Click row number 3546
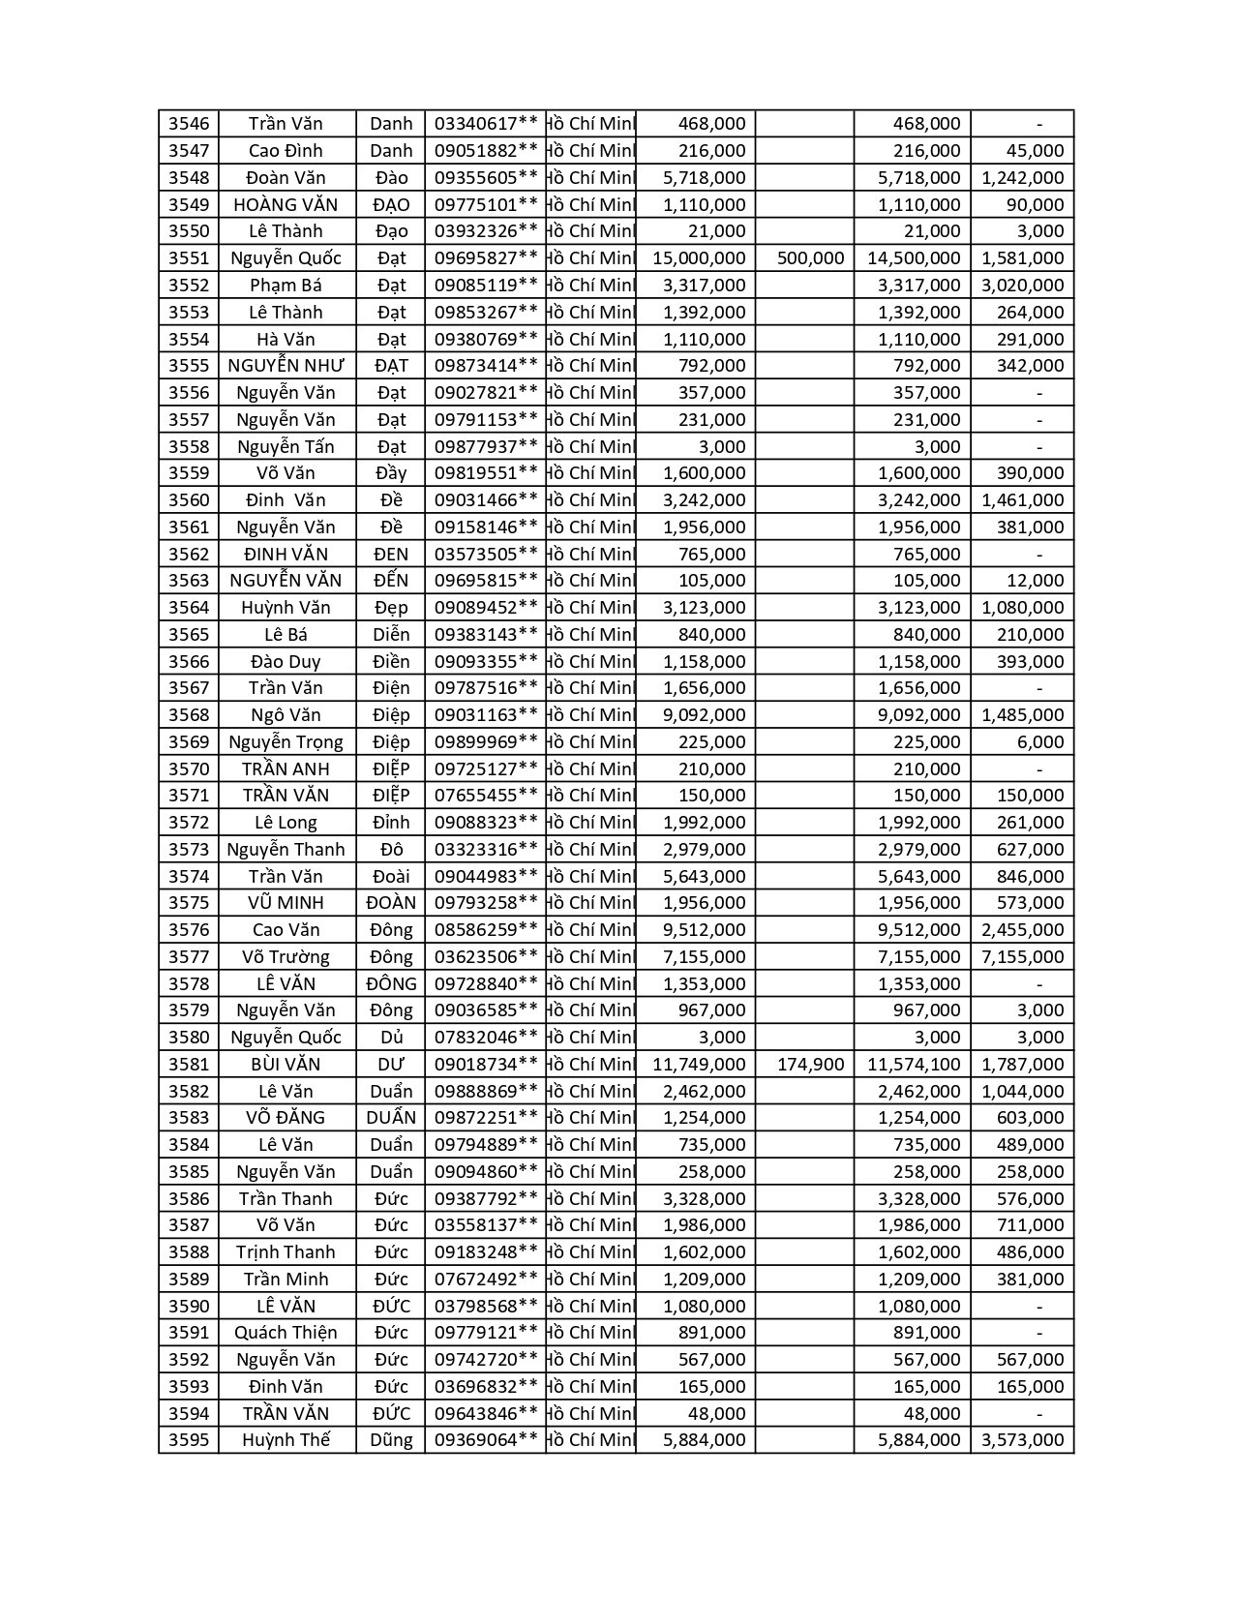click(x=189, y=124)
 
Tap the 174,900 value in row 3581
click(x=811, y=1065)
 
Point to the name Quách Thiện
click(x=286, y=1333)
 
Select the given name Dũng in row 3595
click(x=391, y=1440)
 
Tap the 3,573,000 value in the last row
click(x=1022, y=1440)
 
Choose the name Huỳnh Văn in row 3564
click(x=286, y=608)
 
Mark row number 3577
click(x=189, y=957)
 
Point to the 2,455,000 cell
click(x=1022, y=930)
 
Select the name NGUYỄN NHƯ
click(x=286, y=366)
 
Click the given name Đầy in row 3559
click(x=391, y=473)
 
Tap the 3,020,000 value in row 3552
click(x=1022, y=286)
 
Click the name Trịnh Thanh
click(x=286, y=1252)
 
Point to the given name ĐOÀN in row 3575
click(x=391, y=903)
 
